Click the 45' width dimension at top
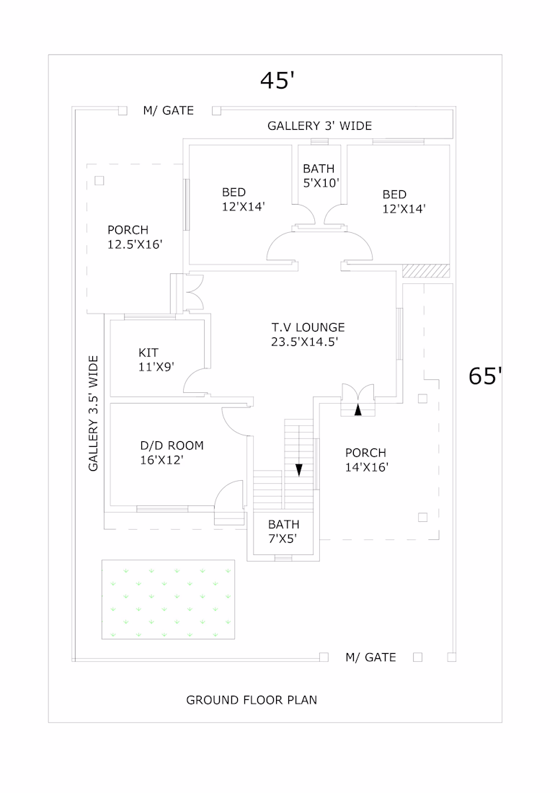tap(277, 80)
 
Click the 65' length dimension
tap(485, 376)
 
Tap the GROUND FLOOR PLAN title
tap(252, 700)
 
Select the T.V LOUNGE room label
tap(308, 335)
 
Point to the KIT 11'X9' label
tap(156, 360)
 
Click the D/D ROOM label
tap(172, 453)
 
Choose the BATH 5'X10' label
tap(321, 175)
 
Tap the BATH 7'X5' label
tap(283, 531)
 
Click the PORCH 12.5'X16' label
tap(135, 237)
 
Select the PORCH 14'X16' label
tap(366, 460)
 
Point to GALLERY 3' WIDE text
tap(319, 126)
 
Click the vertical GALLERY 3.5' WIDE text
tap(94, 413)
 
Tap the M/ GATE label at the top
tap(169, 110)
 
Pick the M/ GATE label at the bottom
tap(370, 657)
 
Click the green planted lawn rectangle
tap(169, 599)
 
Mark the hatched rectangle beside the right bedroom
tap(425, 270)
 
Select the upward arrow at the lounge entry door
tap(357, 409)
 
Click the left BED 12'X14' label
tap(244, 199)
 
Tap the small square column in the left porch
tap(99, 180)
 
